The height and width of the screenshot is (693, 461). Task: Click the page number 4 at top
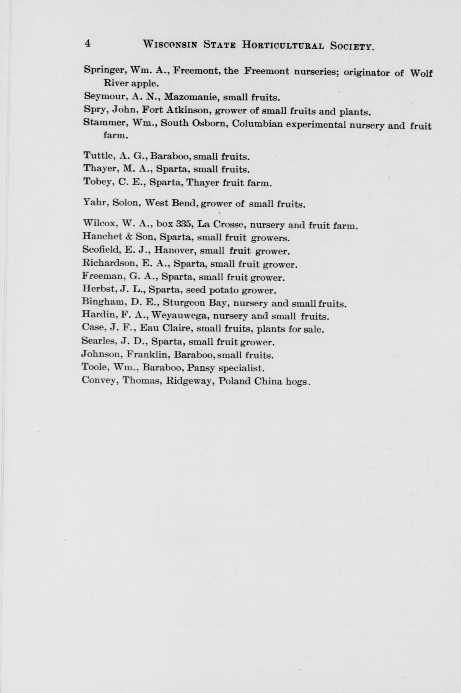tap(87, 43)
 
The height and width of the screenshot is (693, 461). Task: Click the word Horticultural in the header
tap(283, 45)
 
